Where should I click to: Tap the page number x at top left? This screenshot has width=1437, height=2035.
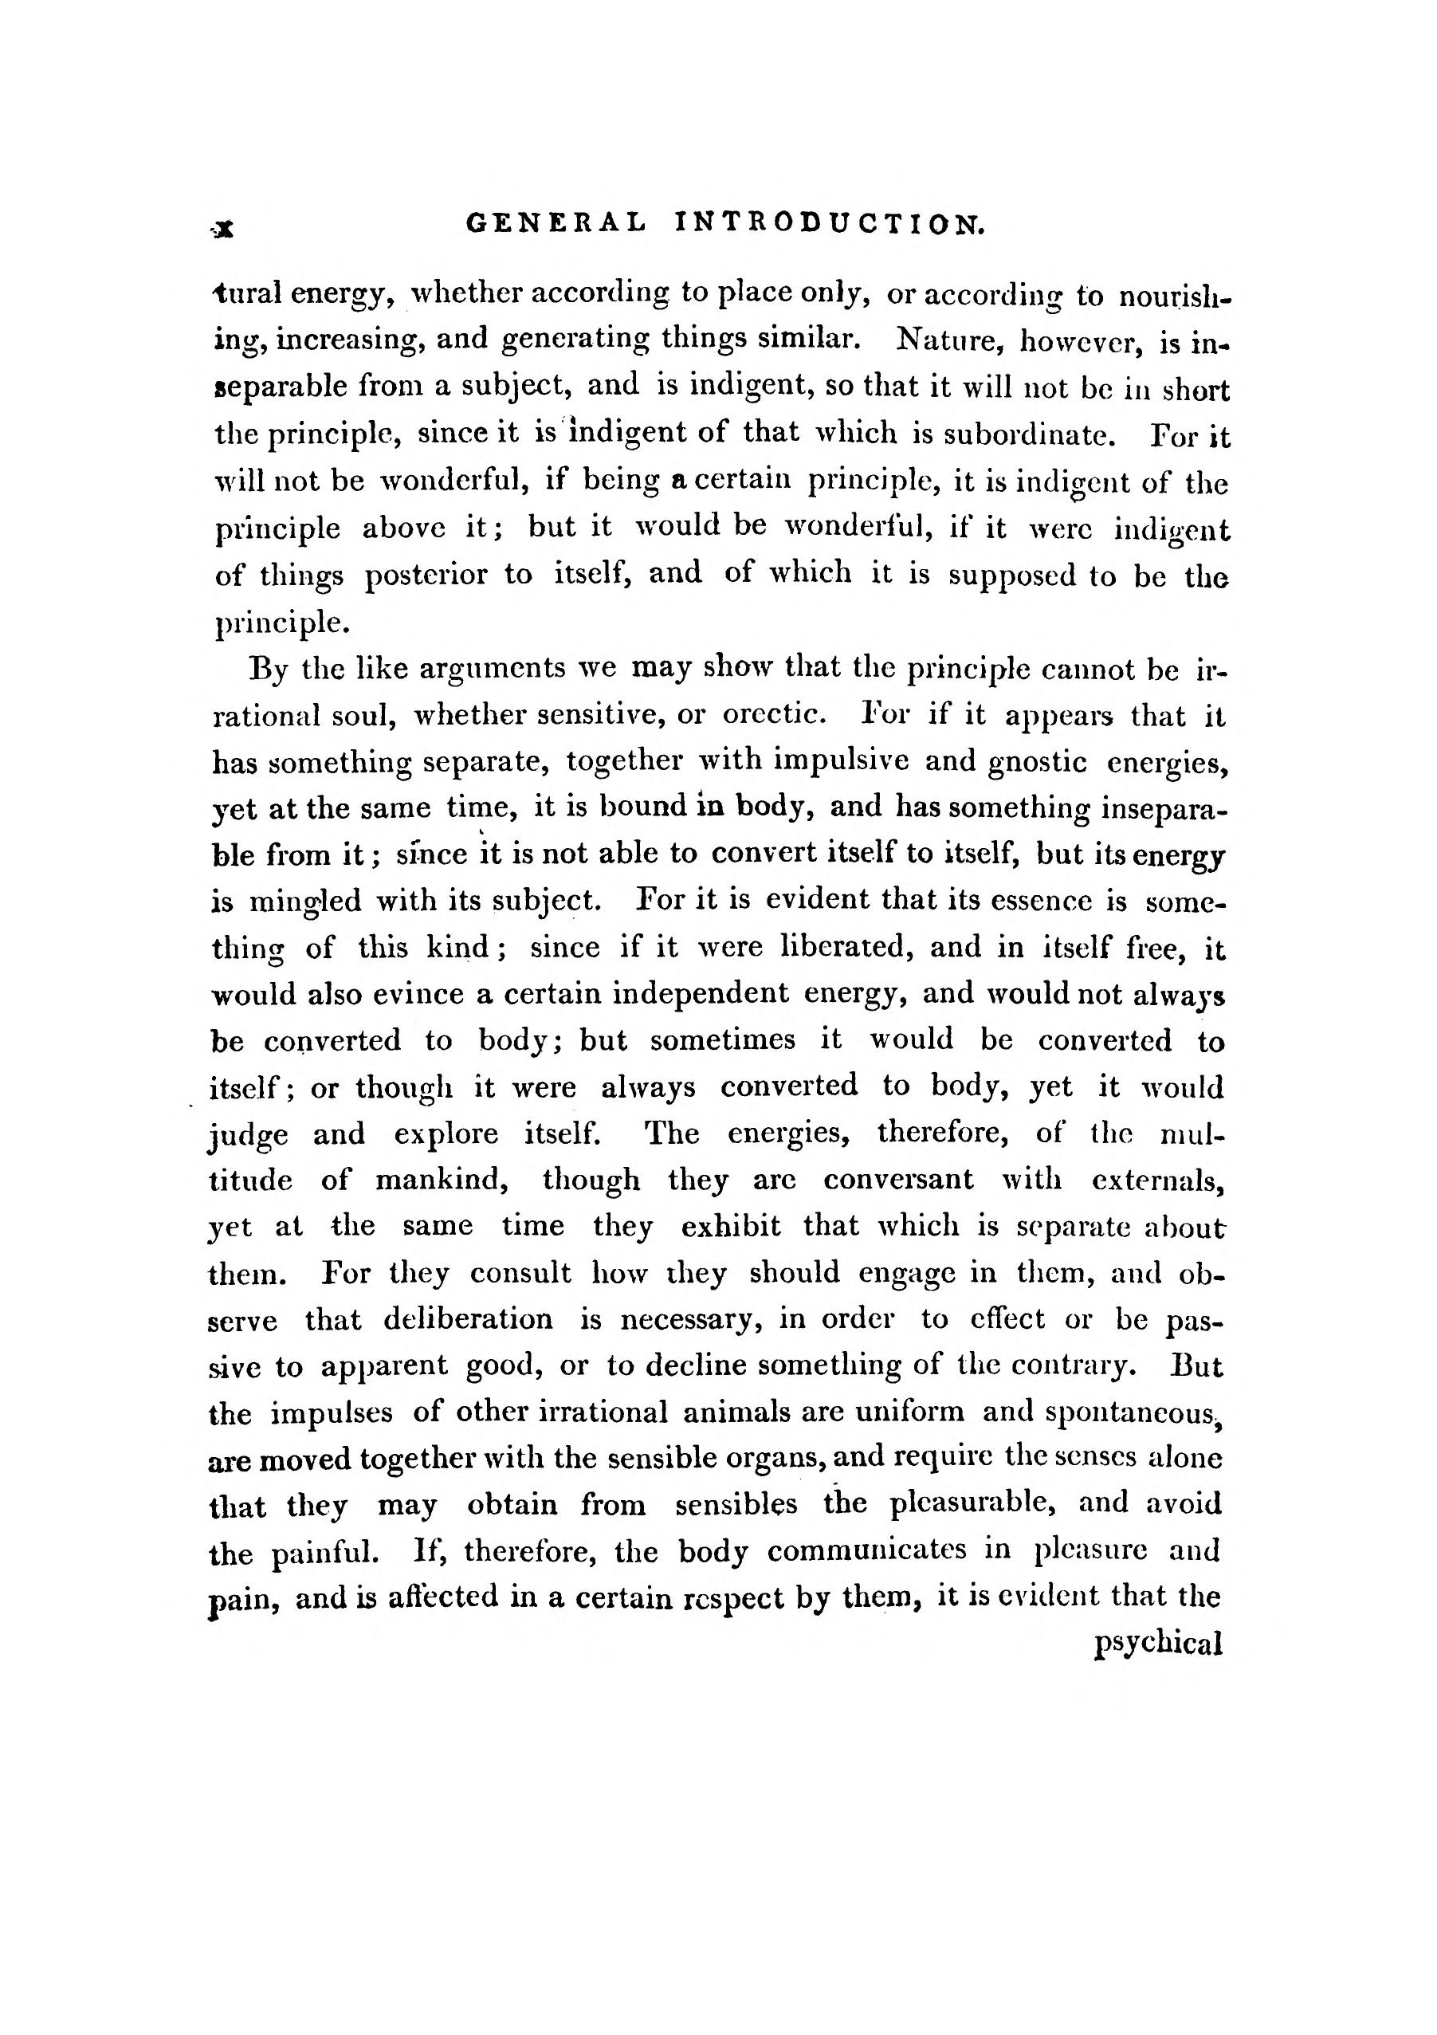tap(223, 230)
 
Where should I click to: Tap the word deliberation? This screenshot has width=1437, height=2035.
tap(468, 1320)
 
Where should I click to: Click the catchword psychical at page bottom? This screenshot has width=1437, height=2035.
tap(1159, 1644)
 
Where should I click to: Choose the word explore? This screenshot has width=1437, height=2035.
tap(446, 1133)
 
